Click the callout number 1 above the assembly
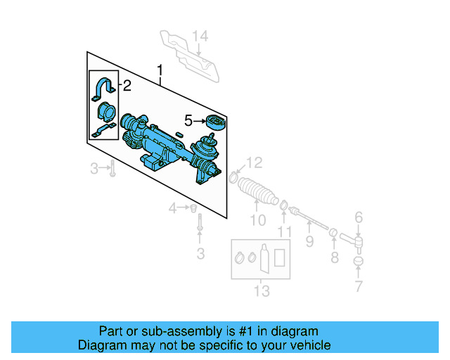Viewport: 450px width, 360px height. tap(160, 70)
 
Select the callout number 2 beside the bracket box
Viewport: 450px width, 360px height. tap(127, 86)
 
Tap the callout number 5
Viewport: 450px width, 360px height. tap(188, 120)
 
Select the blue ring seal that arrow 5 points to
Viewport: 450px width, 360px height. tap(214, 123)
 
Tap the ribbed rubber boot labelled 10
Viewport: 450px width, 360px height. tap(257, 192)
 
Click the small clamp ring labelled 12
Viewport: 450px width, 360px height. tap(233, 178)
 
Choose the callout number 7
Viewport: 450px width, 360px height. tap(359, 286)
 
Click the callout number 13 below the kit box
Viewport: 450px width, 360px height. tap(262, 291)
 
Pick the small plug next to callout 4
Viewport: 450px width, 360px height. tap(191, 208)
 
